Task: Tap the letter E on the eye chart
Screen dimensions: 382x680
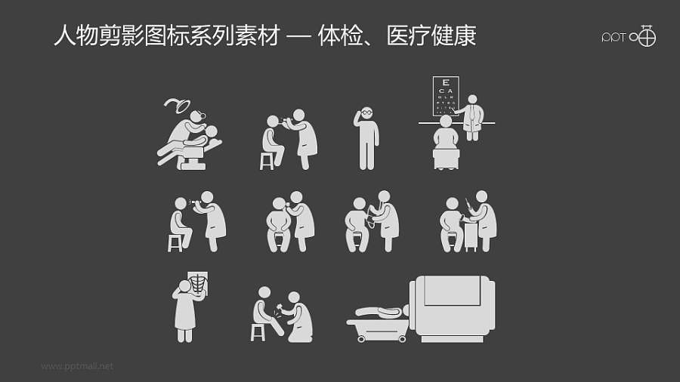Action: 446,82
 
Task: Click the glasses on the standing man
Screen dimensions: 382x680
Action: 366,112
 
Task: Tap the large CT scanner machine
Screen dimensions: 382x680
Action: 452,308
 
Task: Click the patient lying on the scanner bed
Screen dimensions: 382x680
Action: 382,310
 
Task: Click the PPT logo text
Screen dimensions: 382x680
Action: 614,37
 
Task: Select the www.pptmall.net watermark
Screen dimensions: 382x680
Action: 77,366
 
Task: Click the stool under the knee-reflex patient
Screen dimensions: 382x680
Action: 258,331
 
